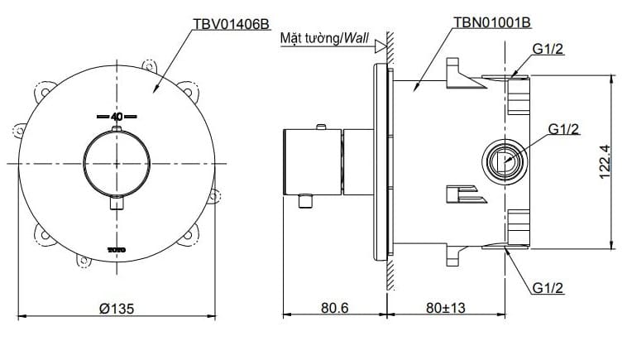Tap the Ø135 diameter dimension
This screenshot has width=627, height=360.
click(x=117, y=308)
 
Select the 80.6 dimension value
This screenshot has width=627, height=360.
click(x=334, y=308)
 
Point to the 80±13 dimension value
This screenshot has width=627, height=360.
click(x=448, y=308)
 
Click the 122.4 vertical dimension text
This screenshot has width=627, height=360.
click(x=604, y=161)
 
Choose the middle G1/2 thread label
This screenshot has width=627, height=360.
click(x=563, y=128)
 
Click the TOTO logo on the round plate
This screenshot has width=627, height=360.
click(x=117, y=247)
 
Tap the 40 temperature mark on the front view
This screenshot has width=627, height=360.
click(x=116, y=117)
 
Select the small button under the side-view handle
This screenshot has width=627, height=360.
click(x=308, y=199)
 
